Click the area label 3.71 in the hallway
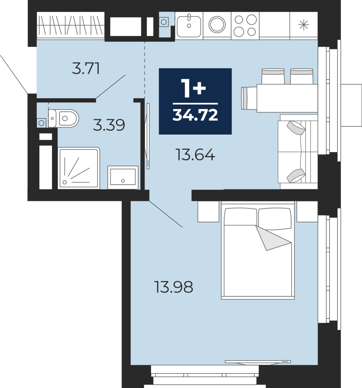[86, 68]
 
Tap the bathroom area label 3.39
[109, 125]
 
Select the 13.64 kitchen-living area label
[196, 155]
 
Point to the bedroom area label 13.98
[174, 287]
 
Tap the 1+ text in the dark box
[193, 88]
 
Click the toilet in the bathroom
[64, 118]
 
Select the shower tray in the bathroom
[79, 168]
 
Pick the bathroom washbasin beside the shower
[123, 177]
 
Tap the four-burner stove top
[245, 26]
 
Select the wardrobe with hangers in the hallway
[71, 26]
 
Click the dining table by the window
[287, 98]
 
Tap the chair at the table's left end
[249, 98]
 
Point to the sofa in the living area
[298, 152]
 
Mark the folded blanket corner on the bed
[273, 238]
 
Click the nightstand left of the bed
[208, 211]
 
